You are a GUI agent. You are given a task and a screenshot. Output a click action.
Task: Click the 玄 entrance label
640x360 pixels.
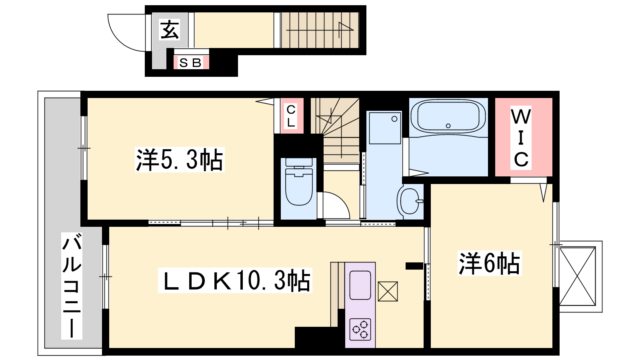pos(170,30)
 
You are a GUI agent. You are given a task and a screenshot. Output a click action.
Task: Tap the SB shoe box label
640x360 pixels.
pos(191,63)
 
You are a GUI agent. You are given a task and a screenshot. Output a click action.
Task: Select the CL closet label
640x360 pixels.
pos(291,116)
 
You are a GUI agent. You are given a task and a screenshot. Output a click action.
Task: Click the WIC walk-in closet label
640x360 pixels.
pos(521,138)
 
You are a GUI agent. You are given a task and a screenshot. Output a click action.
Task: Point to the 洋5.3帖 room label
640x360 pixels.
pos(180,160)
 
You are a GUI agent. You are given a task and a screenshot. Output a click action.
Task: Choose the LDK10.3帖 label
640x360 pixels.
pos(235,280)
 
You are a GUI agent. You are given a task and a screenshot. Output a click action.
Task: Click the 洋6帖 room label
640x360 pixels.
pos(490,263)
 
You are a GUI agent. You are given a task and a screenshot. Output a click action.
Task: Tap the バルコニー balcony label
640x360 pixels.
pos(72,286)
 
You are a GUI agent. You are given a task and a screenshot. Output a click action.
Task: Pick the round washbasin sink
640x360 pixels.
pos(410,201)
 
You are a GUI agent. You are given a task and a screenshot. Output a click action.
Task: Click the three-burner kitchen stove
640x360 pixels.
pos(360,330)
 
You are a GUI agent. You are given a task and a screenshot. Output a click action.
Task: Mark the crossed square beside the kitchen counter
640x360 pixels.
pos(388,292)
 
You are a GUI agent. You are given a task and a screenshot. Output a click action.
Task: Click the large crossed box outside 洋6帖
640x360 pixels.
pos(578,276)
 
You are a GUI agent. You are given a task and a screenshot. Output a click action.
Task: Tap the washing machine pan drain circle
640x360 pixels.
pos(394,119)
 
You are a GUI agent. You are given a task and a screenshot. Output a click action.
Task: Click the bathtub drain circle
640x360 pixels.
pos(448,126)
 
